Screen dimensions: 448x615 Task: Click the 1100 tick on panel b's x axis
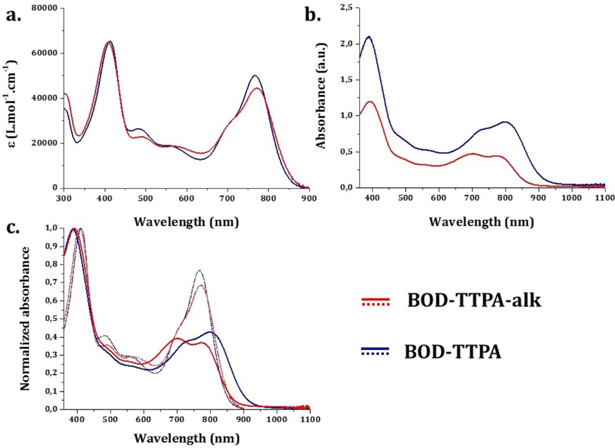click(604, 198)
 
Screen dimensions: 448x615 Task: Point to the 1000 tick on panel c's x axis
click(276, 419)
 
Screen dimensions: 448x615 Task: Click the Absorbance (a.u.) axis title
click(322, 97)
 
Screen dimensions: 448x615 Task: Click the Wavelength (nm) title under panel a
click(186, 221)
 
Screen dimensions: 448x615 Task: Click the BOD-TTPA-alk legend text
click(474, 301)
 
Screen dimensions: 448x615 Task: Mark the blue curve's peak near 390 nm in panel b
click(369, 37)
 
